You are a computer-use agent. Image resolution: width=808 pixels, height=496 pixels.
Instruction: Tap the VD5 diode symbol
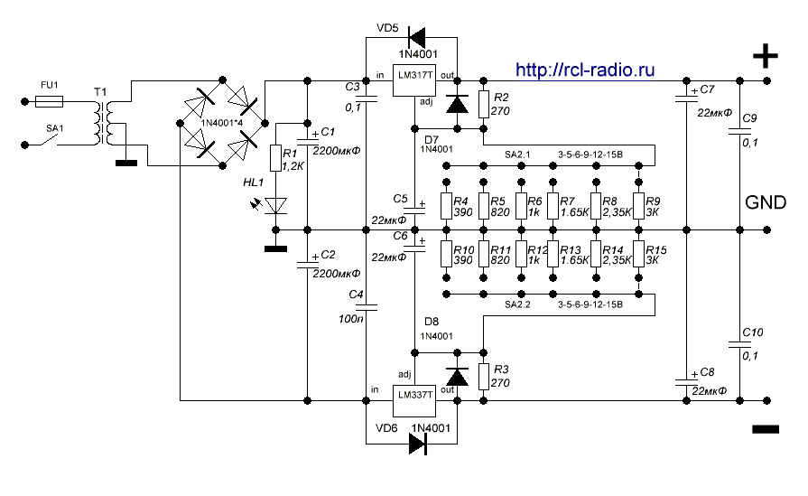[417, 37]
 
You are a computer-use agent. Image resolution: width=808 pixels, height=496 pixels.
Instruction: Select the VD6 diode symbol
[417, 443]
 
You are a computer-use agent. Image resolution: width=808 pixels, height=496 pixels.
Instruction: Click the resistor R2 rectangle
[484, 105]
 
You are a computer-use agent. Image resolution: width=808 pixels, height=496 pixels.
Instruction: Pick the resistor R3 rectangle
[484, 375]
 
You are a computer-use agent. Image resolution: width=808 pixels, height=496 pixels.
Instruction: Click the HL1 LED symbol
[277, 206]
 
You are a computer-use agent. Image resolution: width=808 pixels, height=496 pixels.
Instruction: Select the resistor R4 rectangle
[446, 206]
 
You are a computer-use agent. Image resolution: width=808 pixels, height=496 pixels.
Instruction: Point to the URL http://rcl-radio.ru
[584, 70]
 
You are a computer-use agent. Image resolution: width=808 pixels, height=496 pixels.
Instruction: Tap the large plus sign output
[766, 58]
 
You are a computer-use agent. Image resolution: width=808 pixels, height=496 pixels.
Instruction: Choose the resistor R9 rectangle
[639, 206]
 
